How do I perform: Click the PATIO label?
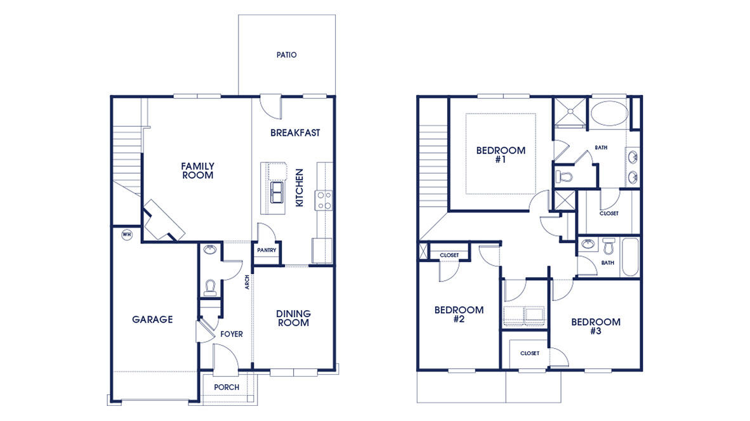(x=286, y=55)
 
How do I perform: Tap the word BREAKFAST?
(x=295, y=133)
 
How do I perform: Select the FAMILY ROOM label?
(x=197, y=171)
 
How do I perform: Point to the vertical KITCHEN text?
(x=299, y=187)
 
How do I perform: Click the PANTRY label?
(x=266, y=250)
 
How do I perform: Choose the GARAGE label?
(x=152, y=320)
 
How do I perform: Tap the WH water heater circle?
(x=126, y=235)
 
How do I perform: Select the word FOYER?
(x=232, y=334)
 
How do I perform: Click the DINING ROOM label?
(x=293, y=318)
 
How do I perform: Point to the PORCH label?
(x=227, y=387)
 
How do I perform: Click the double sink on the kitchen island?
(x=277, y=192)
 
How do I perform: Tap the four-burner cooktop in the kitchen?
(x=324, y=200)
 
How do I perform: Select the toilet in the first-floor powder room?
(x=210, y=288)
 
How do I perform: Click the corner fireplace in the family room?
(x=163, y=221)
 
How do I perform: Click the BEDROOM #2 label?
(x=459, y=314)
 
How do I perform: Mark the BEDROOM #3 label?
(x=595, y=327)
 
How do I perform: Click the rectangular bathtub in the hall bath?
(x=629, y=257)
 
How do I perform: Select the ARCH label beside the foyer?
(x=247, y=282)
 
